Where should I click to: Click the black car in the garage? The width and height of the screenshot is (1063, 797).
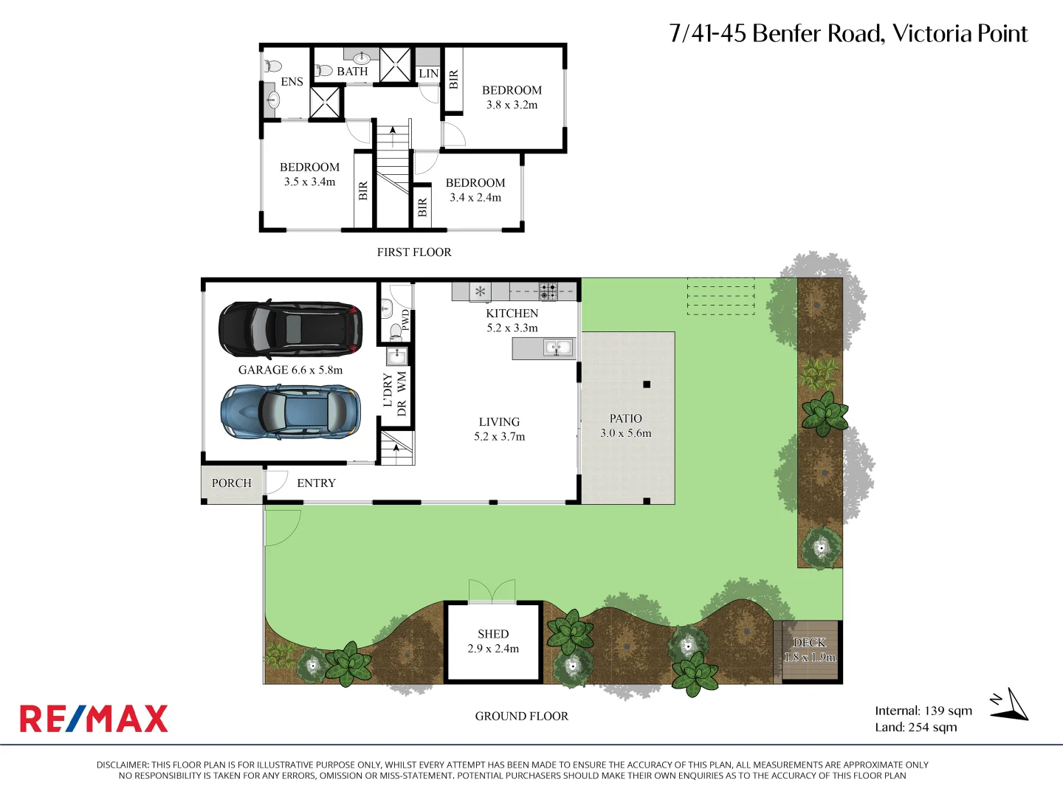tap(290, 328)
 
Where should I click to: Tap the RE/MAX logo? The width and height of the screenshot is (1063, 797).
tap(94, 719)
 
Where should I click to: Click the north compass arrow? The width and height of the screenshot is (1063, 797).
tap(1010, 705)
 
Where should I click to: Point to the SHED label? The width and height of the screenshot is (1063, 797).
tap(493, 634)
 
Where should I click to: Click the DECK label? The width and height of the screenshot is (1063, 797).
tap(809, 643)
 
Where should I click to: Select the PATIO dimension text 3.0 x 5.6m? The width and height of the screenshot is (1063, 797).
tap(626, 433)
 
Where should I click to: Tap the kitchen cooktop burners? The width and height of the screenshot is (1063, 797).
tap(548, 291)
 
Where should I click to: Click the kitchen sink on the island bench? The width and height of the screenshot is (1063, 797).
tap(558, 347)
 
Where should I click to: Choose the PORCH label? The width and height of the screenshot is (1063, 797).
tap(231, 483)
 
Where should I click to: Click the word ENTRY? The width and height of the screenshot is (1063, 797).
tap(316, 483)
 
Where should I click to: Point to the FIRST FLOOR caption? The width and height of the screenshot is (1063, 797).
tap(414, 252)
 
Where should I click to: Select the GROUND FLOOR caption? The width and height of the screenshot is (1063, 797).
tap(521, 717)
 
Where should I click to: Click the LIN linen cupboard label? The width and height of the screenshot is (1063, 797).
tap(428, 74)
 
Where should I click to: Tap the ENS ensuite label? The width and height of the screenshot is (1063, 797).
tap(292, 82)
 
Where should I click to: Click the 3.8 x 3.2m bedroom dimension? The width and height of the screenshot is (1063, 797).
tap(512, 105)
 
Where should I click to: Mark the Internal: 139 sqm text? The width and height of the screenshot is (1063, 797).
tap(923, 711)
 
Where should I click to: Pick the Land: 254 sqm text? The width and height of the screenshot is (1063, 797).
tap(915, 728)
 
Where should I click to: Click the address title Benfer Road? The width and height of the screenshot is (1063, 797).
tap(848, 34)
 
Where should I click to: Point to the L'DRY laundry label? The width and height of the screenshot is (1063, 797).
tap(388, 390)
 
